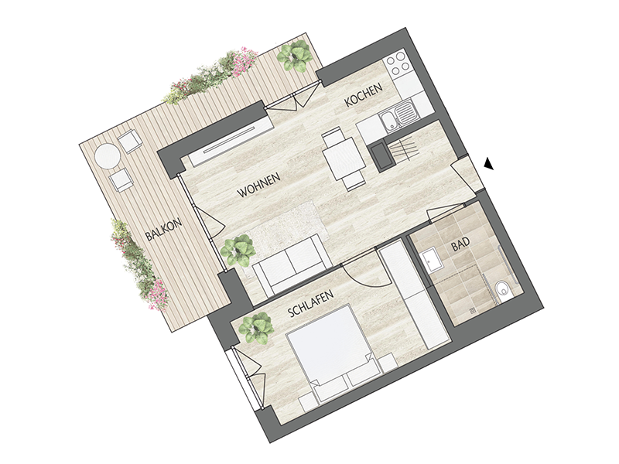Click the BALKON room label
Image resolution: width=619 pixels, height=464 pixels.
(164, 230)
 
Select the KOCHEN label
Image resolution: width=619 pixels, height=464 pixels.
(364, 94)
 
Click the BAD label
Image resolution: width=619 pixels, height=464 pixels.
(461, 244)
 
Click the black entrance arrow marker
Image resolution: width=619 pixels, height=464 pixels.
(489, 163)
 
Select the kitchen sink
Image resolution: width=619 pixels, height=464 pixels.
(398, 114)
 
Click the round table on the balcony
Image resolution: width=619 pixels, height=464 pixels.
(108, 156)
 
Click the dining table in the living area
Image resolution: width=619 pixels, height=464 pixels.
(343, 157)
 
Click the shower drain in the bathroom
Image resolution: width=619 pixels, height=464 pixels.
(473, 311)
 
